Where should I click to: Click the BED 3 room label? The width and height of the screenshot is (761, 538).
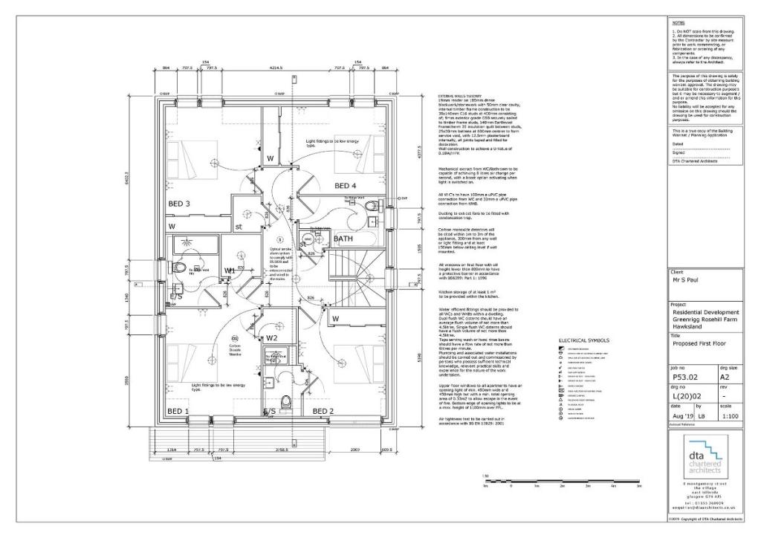coord(178,204)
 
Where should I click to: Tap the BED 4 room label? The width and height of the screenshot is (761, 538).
coord(346,185)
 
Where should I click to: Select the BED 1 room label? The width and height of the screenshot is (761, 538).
coord(178,411)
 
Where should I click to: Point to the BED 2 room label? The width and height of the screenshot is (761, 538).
coord(324,411)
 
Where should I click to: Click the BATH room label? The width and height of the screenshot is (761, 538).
coord(343,239)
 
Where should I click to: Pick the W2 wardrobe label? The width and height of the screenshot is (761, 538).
coord(271,338)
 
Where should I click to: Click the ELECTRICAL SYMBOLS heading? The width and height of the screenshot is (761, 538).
coord(583,340)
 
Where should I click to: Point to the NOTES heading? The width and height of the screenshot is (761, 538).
coord(678,23)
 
